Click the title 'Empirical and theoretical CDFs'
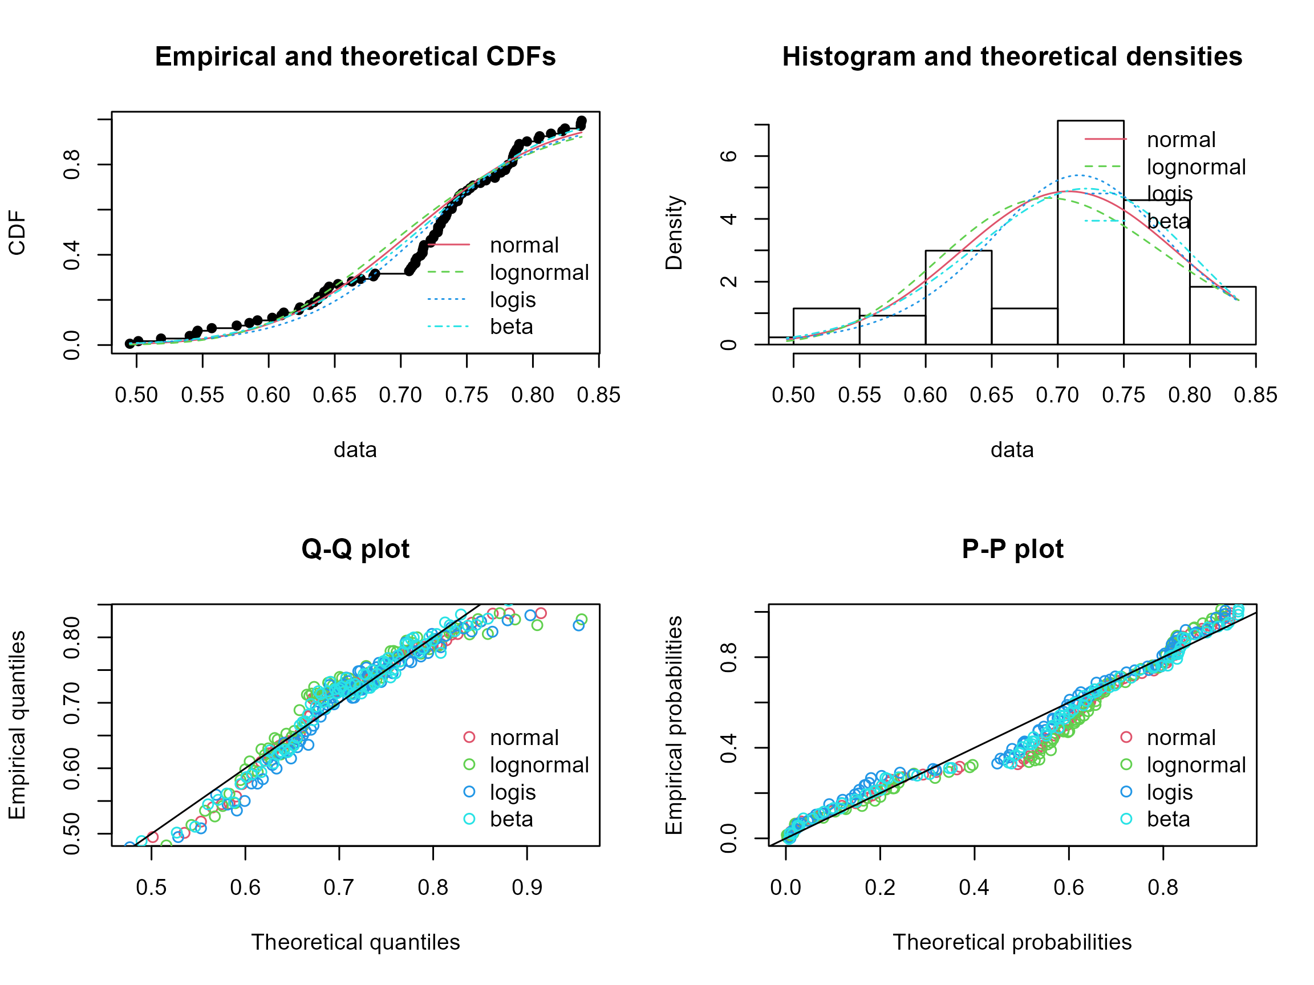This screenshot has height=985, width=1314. pyautogui.click(x=355, y=57)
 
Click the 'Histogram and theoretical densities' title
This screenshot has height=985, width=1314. pyautogui.click(x=1012, y=57)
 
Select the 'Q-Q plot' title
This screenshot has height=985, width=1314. pyautogui.click(x=355, y=549)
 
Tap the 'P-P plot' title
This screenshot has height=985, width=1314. pyautogui.click(x=1012, y=549)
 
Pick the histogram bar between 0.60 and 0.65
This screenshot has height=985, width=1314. pyautogui.click(x=958, y=298)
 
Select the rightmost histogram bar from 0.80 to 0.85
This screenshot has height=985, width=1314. pyautogui.click(x=1223, y=315)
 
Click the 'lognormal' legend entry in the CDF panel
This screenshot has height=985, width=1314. pyautogui.click(x=539, y=272)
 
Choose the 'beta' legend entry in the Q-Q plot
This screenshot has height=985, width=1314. pyautogui.click(x=511, y=819)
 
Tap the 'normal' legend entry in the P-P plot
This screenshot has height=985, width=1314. pyautogui.click(x=1181, y=738)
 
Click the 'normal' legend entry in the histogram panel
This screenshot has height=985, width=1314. pyautogui.click(x=1181, y=140)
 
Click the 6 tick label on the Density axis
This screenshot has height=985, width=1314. pyautogui.click(x=729, y=156)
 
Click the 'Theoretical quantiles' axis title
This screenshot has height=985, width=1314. pyautogui.click(x=355, y=942)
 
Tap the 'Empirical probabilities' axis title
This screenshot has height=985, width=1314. pyautogui.click(x=674, y=725)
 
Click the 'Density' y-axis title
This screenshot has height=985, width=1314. pyautogui.click(x=674, y=233)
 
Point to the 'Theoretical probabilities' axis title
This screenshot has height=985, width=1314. pyautogui.click(x=1012, y=942)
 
